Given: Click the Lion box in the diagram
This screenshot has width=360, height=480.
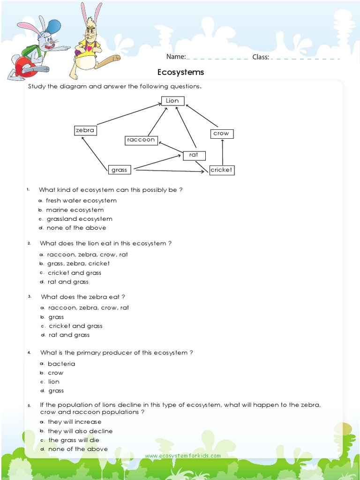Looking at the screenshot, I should (x=172, y=101).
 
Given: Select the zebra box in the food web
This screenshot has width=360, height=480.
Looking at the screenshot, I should (x=85, y=130).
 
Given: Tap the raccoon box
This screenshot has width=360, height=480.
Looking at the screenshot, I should (x=141, y=140).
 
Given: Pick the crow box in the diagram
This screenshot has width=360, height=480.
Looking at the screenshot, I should (x=221, y=134).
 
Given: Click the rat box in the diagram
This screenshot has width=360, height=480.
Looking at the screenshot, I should (x=194, y=155).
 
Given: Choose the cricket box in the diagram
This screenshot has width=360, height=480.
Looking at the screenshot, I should (x=221, y=170).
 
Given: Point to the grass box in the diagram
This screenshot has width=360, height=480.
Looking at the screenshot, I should (x=119, y=170).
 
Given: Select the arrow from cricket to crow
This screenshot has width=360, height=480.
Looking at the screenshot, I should (x=223, y=152).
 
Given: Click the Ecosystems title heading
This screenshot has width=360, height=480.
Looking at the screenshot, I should (x=180, y=72).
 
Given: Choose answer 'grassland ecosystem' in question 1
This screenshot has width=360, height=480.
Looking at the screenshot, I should (x=79, y=219).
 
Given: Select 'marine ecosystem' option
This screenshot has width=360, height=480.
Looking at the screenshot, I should (x=75, y=210).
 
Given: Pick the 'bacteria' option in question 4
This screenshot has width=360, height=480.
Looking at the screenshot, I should (x=61, y=364).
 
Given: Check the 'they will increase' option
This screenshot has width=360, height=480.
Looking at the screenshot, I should (x=74, y=422).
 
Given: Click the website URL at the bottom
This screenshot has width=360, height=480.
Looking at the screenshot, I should (x=183, y=456).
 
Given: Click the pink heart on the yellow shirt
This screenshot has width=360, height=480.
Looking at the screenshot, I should (x=89, y=48).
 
